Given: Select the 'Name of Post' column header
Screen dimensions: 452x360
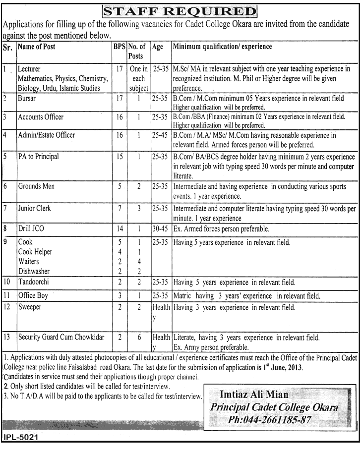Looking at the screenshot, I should pos(37,47).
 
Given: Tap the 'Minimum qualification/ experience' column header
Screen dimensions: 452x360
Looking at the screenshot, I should pos(222,47).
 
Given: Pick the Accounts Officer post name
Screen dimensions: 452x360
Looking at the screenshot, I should pos(41,117).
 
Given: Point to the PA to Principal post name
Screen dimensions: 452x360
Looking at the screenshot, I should pos(38,157).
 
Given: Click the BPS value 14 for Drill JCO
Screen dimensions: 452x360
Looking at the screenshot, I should pos(119,229).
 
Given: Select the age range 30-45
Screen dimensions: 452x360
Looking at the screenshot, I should pos(161,229).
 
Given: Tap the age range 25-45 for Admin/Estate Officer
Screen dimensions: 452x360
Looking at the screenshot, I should pos(161,135).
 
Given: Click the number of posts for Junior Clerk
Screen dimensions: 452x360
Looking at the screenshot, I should pos(139,209).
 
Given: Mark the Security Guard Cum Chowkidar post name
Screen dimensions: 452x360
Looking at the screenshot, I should pos(61,338).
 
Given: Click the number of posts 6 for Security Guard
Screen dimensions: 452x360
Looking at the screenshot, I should pos(139,338).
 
